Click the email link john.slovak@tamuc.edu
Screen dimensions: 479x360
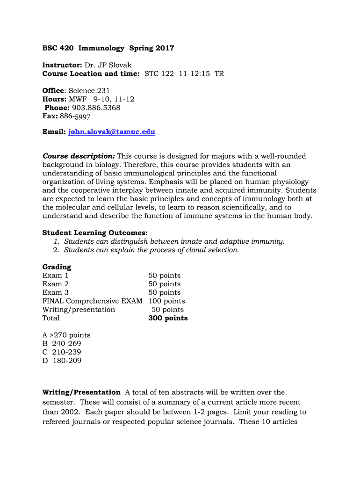click(x=111, y=132)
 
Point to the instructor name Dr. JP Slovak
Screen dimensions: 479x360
click(x=108, y=65)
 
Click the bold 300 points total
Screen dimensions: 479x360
click(x=168, y=318)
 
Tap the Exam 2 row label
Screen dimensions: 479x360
click(x=56, y=284)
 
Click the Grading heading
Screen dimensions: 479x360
click(x=57, y=267)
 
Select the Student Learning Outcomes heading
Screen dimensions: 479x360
click(x=95, y=233)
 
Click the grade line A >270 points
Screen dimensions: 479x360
click(x=66, y=335)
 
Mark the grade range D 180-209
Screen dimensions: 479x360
click(x=62, y=361)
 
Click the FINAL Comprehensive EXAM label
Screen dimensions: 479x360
click(x=92, y=301)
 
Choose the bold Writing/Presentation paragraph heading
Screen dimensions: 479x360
click(x=81, y=392)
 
